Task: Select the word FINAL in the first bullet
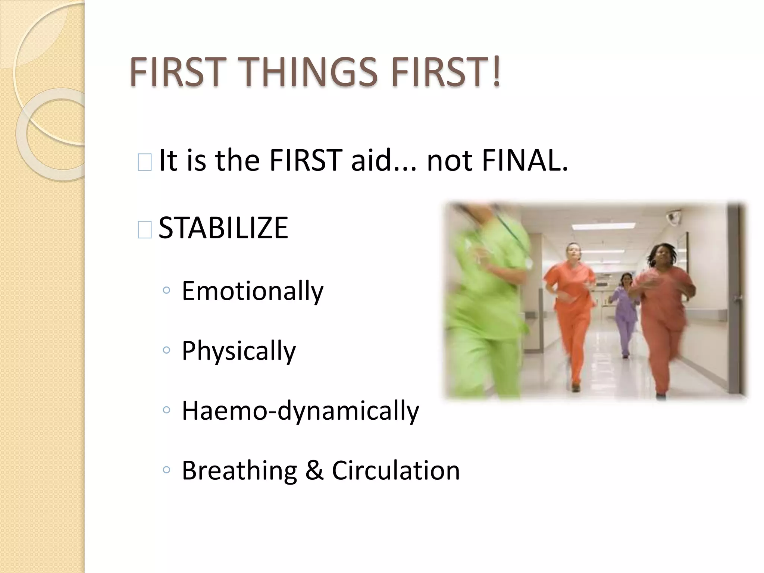click(525, 160)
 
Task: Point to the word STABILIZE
click(223, 228)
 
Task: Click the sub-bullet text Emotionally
click(252, 291)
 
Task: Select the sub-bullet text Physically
click(238, 351)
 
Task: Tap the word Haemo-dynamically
click(300, 411)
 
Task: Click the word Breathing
click(239, 470)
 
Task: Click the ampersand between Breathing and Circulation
click(314, 470)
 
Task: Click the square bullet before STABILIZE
click(144, 229)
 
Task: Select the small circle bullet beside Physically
click(166, 350)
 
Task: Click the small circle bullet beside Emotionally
click(166, 290)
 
